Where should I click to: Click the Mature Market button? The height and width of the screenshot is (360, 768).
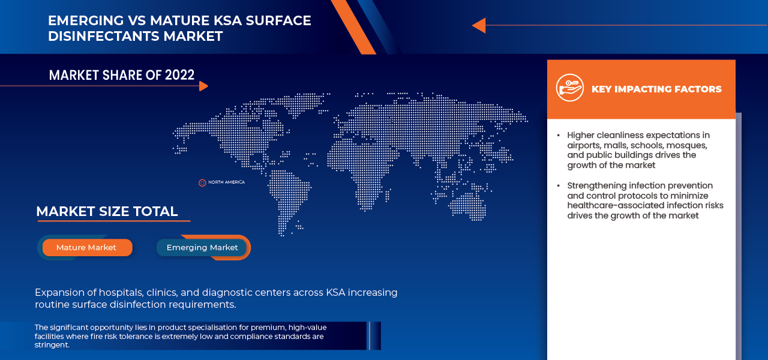click(86, 248)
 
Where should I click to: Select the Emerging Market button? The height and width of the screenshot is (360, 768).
click(202, 248)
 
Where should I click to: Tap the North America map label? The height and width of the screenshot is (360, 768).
click(226, 182)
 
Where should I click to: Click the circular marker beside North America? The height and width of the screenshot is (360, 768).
click(202, 182)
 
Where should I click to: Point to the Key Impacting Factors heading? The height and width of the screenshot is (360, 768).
click(656, 89)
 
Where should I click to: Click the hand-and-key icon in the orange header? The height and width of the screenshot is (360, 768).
click(569, 88)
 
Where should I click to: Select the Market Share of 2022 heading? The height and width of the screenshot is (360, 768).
click(122, 75)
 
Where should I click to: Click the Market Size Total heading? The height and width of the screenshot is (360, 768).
click(107, 212)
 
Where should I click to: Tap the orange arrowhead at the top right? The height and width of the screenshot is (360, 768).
click(478, 25)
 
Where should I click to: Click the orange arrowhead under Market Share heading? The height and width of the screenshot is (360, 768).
click(203, 86)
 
